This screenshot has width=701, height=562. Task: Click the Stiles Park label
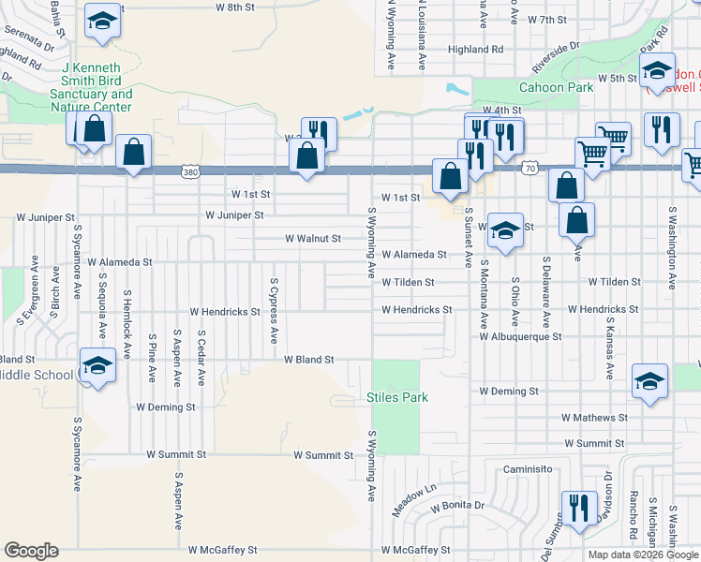click(x=396, y=397)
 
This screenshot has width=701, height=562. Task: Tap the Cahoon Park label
click(x=561, y=87)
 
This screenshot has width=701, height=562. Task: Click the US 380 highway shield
click(x=191, y=172)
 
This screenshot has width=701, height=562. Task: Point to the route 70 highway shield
click(x=529, y=168)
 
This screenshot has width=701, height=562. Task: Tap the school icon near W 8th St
click(x=102, y=21)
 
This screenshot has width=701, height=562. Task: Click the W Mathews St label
click(x=594, y=417)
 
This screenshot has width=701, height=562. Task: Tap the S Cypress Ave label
click(x=274, y=310)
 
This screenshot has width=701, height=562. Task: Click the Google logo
click(x=31, y=551)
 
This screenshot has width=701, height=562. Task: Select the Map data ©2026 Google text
click(x=642, y=555)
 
